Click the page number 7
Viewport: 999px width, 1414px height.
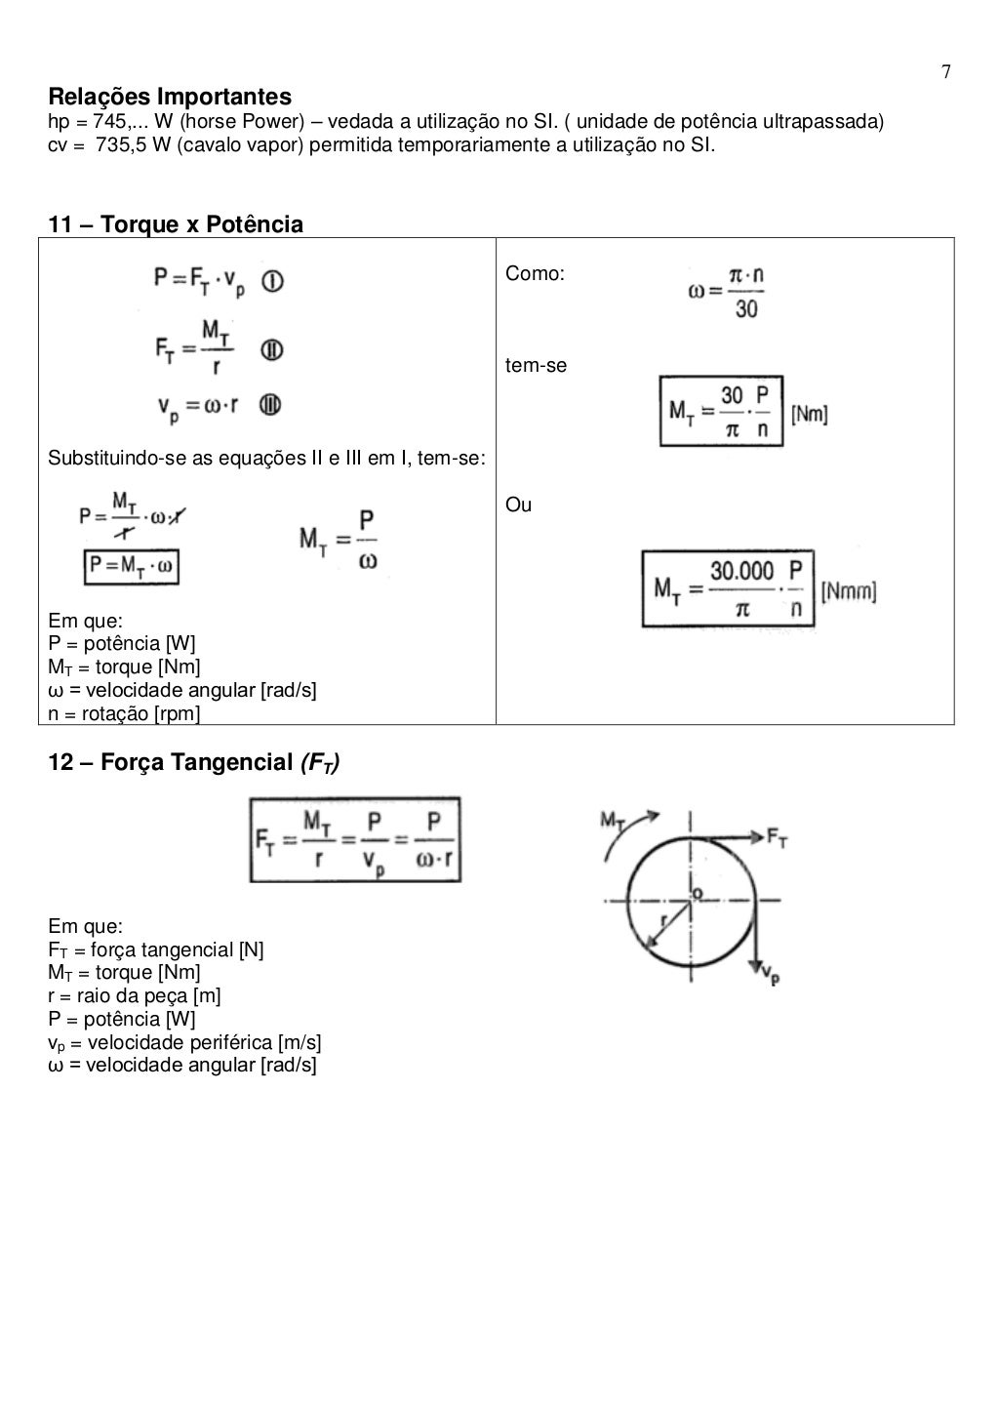point(945,72)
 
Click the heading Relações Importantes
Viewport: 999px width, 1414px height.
point(170,97)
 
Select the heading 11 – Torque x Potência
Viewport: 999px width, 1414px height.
point(176,224)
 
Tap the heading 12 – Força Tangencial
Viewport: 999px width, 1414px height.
point(194,762)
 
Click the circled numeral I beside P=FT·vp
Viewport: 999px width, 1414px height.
point(273,282)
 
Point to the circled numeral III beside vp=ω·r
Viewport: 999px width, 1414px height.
point(270,404)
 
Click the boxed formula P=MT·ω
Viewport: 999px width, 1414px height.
point(132,566)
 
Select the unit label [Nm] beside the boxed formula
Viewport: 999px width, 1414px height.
point(809,414)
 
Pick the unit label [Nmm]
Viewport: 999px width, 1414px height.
point(848,591)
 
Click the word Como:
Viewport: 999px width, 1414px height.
point(535,274)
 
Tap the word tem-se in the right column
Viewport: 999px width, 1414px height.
point(536,366)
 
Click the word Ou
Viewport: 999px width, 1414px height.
point(518,505)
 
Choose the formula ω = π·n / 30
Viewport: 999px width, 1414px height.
point(726,293)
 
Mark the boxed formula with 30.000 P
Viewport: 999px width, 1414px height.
point(728,588)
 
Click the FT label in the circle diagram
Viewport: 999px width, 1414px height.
point(777,835)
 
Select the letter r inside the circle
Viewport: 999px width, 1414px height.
point(664,919)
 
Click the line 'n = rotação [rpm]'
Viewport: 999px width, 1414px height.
point(124,713)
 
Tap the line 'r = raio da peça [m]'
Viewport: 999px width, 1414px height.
point(135,995)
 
